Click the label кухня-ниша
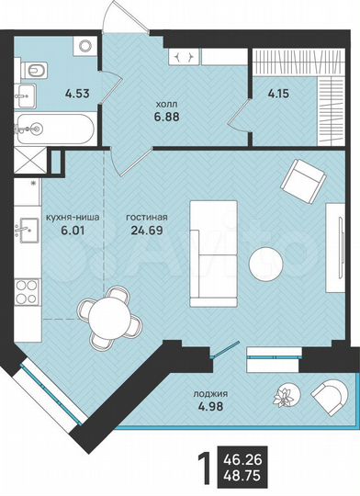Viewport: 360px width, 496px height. click(x=73, y=219)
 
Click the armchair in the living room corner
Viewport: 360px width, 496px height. click(x=303, y=181)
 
